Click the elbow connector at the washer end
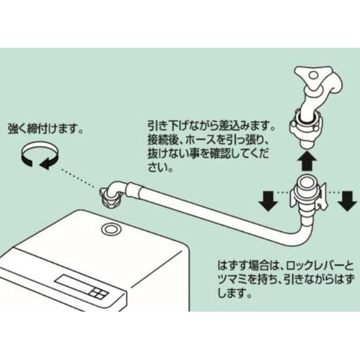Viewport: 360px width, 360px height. coord(112,193)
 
